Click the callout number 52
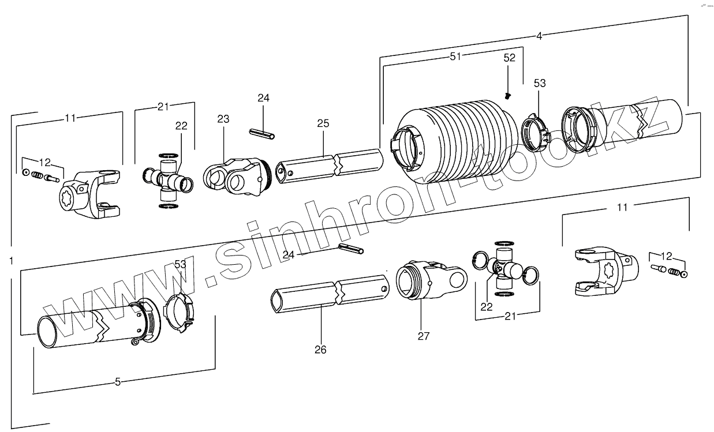[509, 58]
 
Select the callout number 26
[320, 350]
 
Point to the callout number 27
[423, 336]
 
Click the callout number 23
[223, 119]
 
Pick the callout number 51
[455, 56]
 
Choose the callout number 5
[118, 381]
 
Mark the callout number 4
[539, 36]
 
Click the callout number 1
[12, 261]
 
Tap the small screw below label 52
[507, 95]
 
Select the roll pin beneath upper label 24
[262, 134]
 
